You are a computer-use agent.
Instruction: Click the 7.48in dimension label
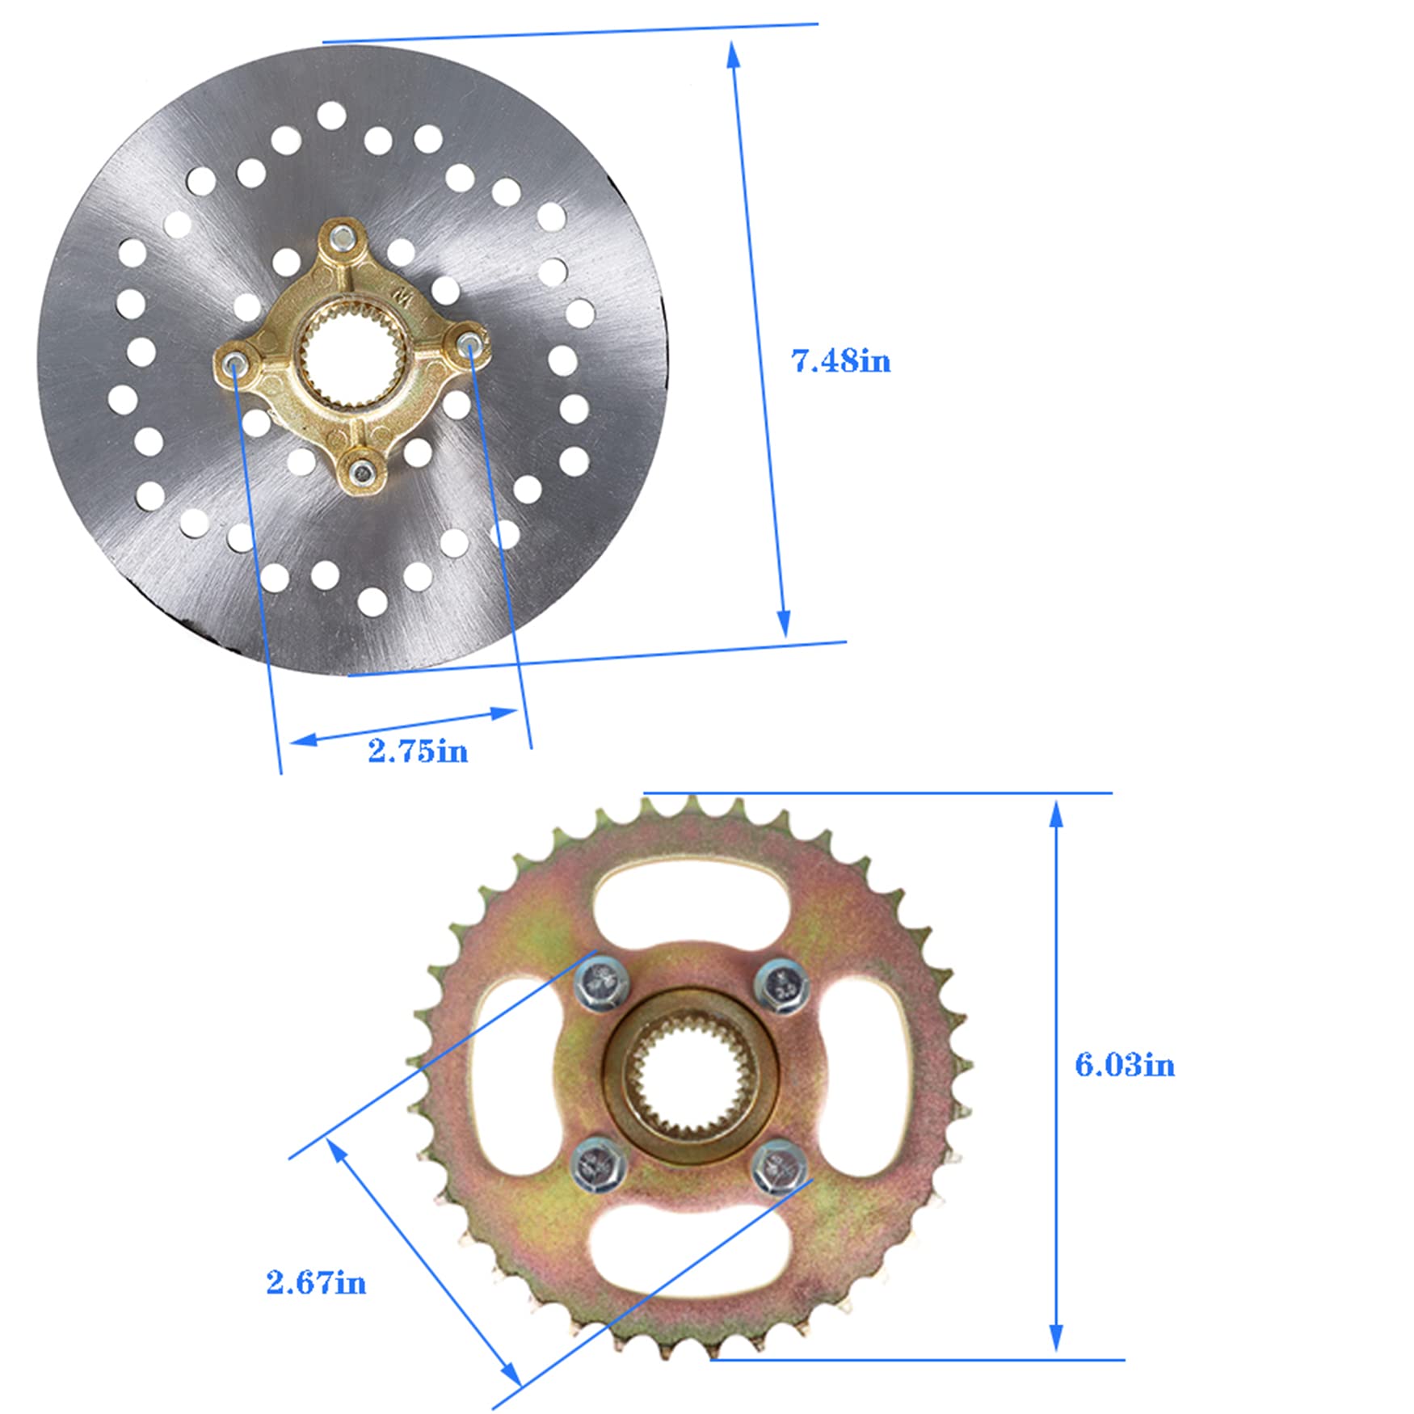(840, 360)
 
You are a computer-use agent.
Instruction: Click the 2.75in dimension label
(418, 751)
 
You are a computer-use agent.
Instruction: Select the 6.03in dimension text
(1124, 1064)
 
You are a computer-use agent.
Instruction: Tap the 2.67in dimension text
(316, 1282)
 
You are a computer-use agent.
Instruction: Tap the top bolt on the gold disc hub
(343, 237)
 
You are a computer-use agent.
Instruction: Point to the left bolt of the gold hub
(234, 361)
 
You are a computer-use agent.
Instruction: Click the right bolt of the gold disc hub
(468, 344)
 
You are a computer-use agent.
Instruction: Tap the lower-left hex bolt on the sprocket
(599, 1164)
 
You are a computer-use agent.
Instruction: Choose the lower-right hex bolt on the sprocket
(779, 1166)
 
